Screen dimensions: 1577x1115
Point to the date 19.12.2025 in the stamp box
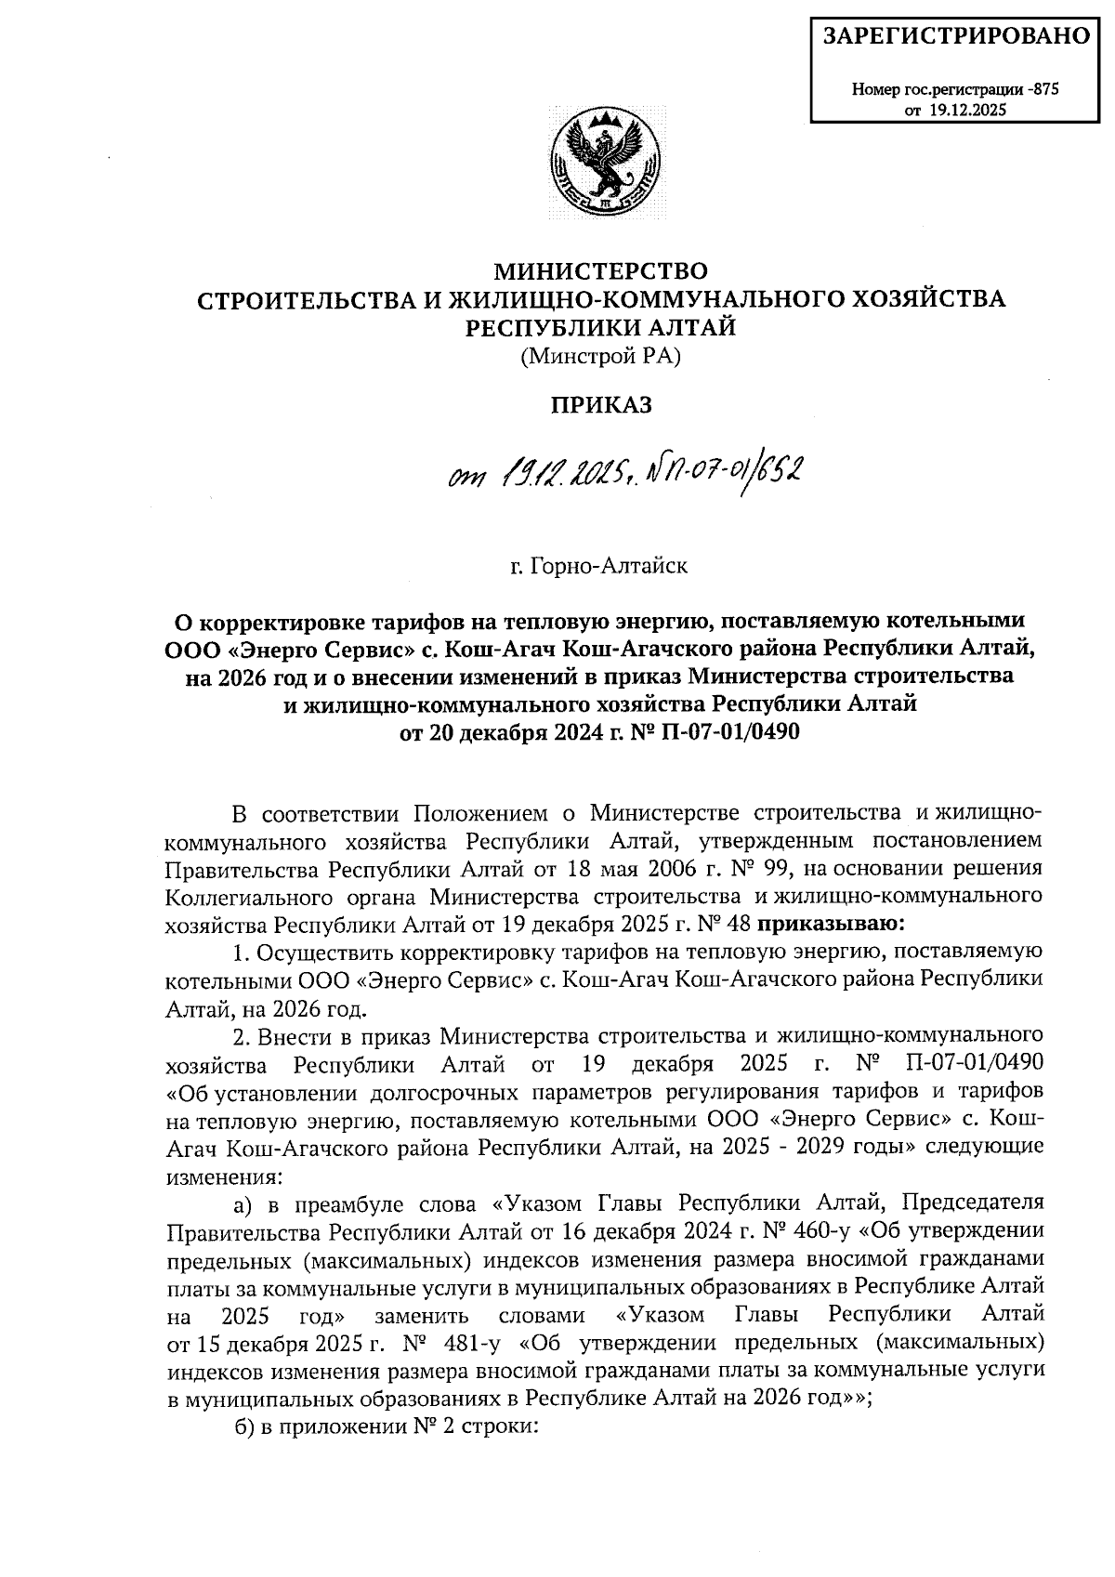click(965, 110)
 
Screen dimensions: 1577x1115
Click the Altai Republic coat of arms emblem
click(603, 162)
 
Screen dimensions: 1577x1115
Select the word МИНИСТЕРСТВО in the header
click(600, 271)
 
